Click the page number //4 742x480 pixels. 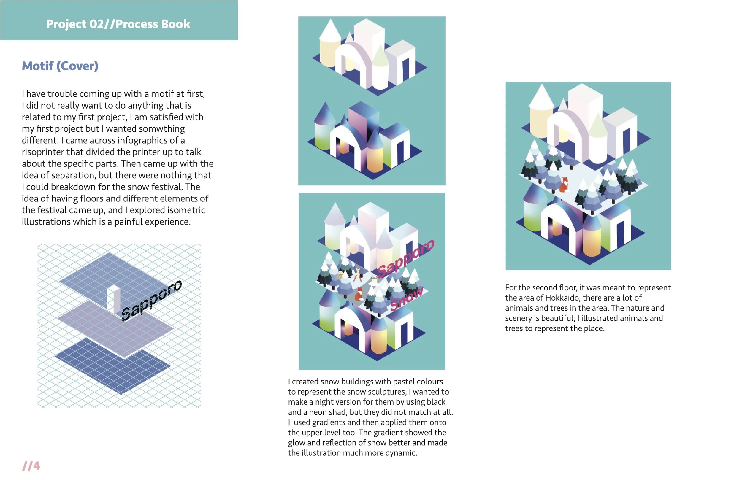pos(31,466)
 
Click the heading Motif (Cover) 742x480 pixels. pos(60,66)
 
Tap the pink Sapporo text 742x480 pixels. pos(405,258)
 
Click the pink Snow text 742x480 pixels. pos(407,299)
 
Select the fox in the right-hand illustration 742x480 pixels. pos(564,185)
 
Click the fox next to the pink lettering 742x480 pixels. pos(359,294)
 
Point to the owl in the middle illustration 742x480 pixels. pos(340,275)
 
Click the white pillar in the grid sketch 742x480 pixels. pos(113,297)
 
